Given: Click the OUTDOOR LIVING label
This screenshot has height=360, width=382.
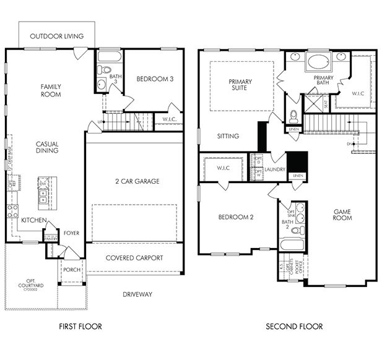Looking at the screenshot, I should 56,36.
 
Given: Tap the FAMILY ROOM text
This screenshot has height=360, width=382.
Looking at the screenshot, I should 51,90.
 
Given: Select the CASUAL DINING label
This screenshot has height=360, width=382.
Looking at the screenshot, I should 47,147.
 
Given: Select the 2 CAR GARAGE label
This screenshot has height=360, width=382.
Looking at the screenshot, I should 134,181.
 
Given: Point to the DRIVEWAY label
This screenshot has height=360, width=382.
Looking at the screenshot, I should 137,294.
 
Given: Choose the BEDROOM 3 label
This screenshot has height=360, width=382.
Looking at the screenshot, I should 155,79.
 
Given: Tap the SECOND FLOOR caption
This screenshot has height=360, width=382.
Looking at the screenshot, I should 294,327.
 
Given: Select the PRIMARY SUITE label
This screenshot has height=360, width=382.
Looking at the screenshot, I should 241,85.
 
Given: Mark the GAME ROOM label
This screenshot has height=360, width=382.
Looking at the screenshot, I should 342,215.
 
